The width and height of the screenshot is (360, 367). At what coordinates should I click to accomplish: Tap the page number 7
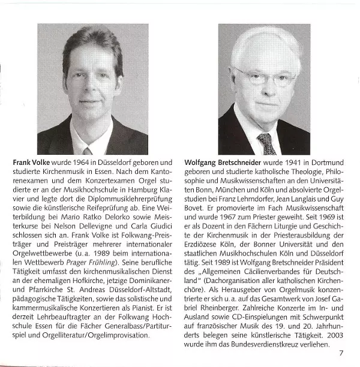(x=341, y=353)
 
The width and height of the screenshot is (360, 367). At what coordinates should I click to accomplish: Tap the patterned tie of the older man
(x=265, y=144)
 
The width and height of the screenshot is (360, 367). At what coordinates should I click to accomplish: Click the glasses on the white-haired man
(x=266, y=76)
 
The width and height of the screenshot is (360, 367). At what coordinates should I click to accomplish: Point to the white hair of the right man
(x=267, y=45)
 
